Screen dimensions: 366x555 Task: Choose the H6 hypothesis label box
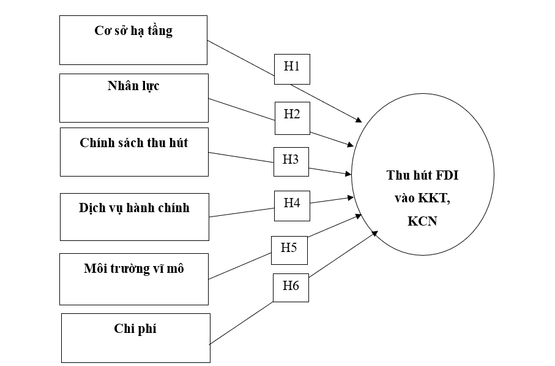pyautogui.click(x=291, y=286)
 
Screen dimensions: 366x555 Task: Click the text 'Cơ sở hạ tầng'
pyautogui.click(x=133, y=31)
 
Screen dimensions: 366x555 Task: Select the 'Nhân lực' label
pyautogui.click(x=133, y=86)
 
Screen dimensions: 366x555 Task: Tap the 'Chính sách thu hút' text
pyautogui.click(x=134, y=143)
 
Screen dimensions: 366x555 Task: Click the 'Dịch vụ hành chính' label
pyautogui.click(x=134, y=208)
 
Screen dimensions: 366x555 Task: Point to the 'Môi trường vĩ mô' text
pyautogui.click(x=133, y=269)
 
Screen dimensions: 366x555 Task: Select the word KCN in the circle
pyautogui.click(x=423, y=221)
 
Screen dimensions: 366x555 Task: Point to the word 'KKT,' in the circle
pyautogui.click(x=436, y=198)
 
